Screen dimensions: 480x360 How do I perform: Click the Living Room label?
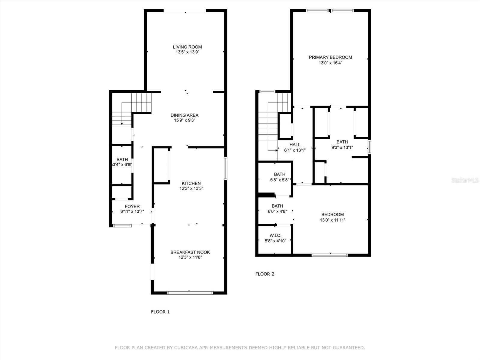pyautogui.click(x=187, y=47)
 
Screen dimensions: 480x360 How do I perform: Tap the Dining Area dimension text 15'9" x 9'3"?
pyautogui.click(x=184, y=120)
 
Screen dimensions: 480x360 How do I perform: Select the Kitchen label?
pyautogui.click(x=191, y=183)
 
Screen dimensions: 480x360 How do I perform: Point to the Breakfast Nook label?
pyautogui.click(x=190, y=252)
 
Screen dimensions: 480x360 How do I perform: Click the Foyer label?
pyautogui.click(x=132, y=206)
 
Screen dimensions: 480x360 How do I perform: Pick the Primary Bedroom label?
pyautogui.click(x=330, y=57)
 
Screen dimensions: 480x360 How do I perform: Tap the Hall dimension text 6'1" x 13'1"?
pyautogui.click(x=295, y=150)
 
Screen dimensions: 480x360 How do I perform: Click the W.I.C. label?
pyautogui.click(x=275, y=235)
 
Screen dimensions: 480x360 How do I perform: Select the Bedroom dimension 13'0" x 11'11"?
pyautogui.click(x=333, y=220)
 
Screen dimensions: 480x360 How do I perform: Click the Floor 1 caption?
pyautogui.click(x=160, y=312)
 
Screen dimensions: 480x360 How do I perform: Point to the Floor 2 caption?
pyautogui.click(x=265, y=274)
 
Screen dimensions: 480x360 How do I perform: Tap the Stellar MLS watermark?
pyautogui.click(x=465, y=180)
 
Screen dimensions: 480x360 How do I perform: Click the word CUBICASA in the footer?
pyautogui.click(x=185, y=347)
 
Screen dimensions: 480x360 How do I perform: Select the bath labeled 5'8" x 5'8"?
pyautogui.click(x=280, y=174)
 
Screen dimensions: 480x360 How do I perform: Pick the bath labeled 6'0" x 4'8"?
pyautogui.click(x=277, y=206)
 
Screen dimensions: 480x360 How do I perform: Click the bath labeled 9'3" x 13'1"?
pyautogui.click(x=342, y=142)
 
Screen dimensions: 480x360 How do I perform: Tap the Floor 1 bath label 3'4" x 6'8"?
pyautogui.click(x=122, y=160)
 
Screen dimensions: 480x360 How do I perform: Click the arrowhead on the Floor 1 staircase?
pyautogui.click(x=122, y=124)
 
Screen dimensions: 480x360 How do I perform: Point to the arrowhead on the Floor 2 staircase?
pyautogui.click(x=277, y=150)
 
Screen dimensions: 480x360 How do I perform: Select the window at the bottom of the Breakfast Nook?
pyautogui.click(x=190, y=293)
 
